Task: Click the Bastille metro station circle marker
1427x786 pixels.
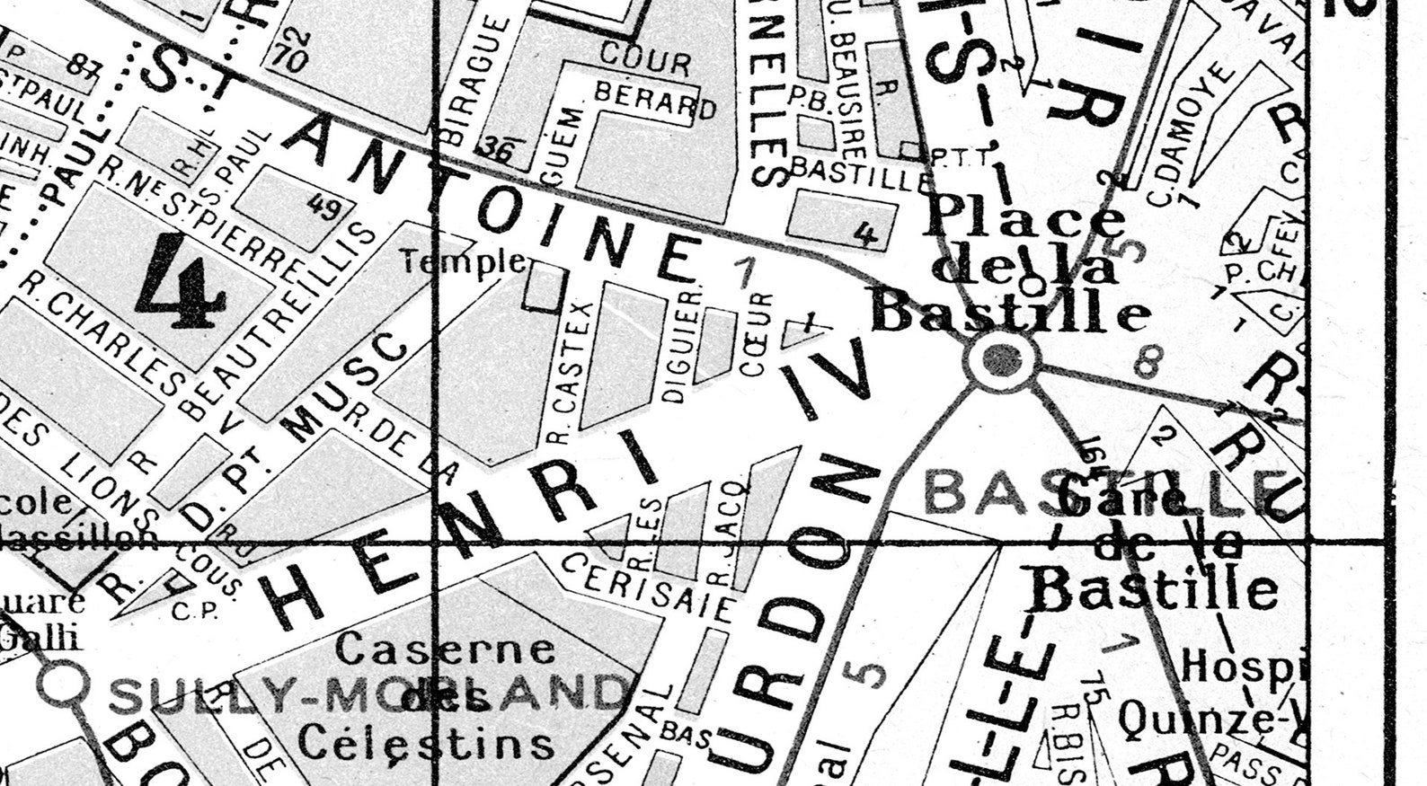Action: coord(1002,360)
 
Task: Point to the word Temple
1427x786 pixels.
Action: coord(464,262)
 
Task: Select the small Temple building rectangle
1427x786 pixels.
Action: coord(545,287)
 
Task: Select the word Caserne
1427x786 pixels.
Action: coord(446,648)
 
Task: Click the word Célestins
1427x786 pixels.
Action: coord(426,742)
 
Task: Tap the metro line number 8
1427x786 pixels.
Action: coord(1144,363)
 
